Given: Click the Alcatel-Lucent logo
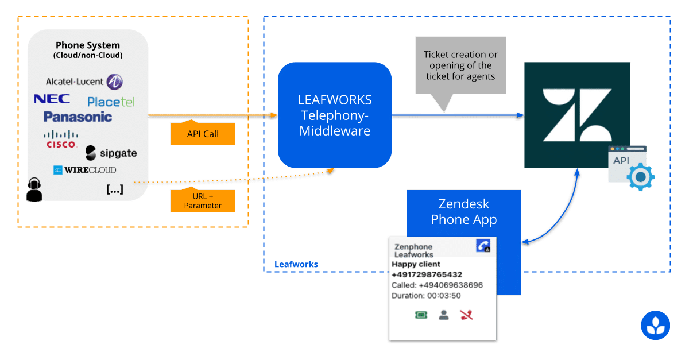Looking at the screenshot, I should tap(84, 82).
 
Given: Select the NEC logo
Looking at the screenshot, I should tap(52, 99).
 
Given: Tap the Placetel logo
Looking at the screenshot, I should tap(111, 102).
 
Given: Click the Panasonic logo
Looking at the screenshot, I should tap(78, 117).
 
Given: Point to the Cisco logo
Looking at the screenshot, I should tap(61, 140).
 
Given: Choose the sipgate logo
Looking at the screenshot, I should tap(111, 153).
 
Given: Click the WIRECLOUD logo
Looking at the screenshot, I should tap(84, 170).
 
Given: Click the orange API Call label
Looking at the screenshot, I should tap(203, 134).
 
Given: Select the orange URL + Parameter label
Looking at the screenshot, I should tap(203, 201).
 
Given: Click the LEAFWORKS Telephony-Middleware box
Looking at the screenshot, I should tap(335, 115).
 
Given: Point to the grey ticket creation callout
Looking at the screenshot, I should tap(460, 65).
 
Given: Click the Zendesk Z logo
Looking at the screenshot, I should tap(577, 115).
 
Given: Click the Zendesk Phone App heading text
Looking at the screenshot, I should tap(463, 212).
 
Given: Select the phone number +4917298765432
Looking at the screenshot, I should tap(427, 274).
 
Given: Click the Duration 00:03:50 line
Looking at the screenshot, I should tap(426, 296).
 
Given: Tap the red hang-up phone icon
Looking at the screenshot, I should tap(466, 315).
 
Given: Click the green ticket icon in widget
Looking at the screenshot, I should tap(421, 315).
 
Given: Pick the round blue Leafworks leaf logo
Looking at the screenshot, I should tap(655, 325).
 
